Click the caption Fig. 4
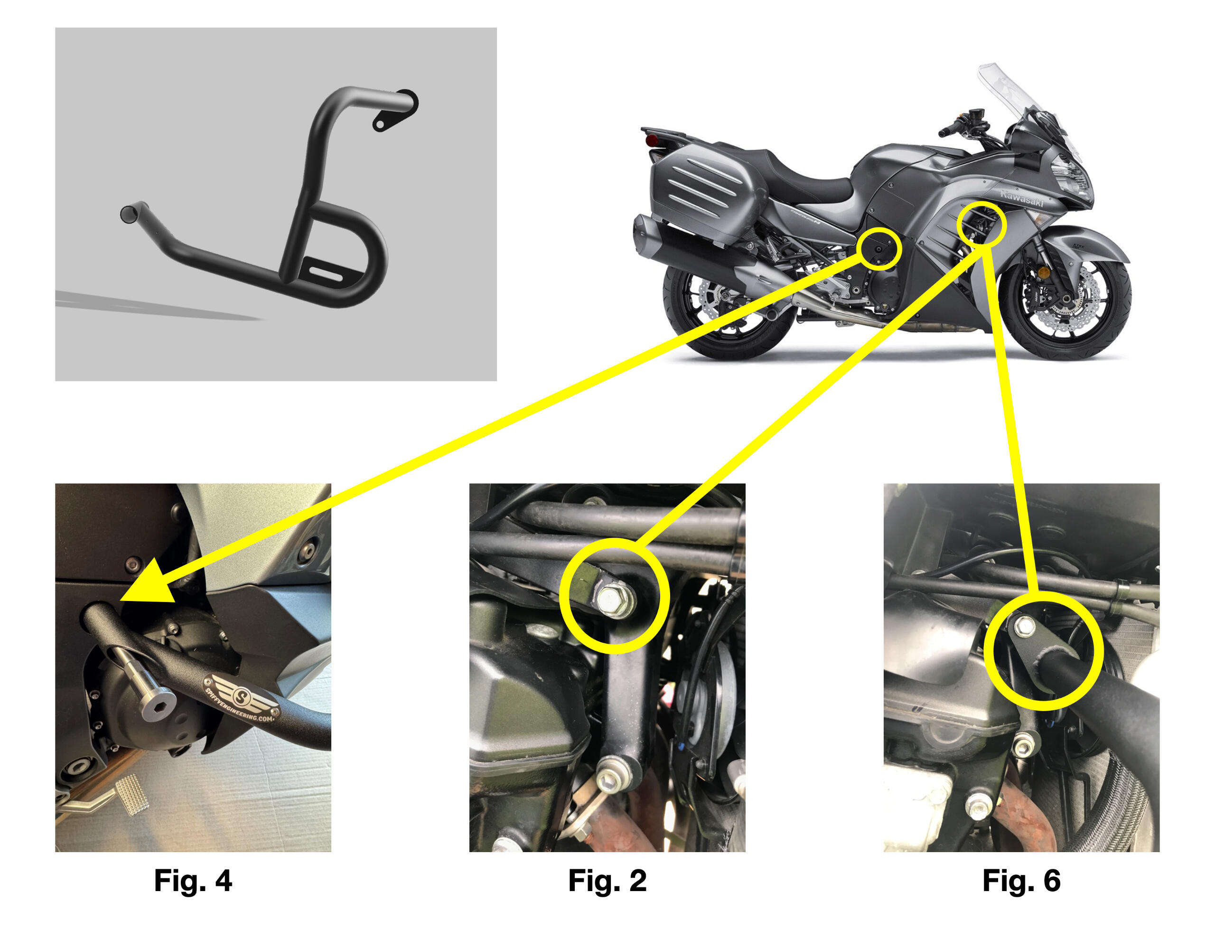tap(193, 881)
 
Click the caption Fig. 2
tap(607, 881)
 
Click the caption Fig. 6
tap(1021, 881)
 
